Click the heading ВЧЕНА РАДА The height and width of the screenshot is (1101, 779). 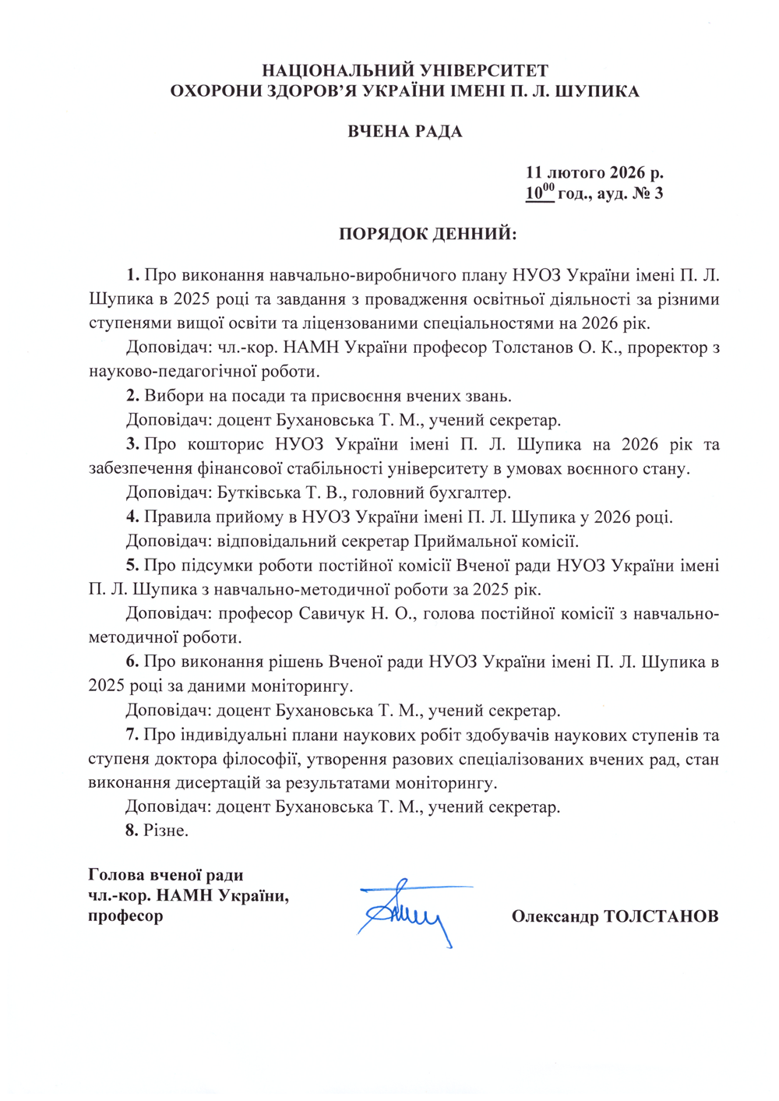coord(404,131)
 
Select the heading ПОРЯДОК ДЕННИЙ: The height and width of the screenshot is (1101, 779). coord(428,234)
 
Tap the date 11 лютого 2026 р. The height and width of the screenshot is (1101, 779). coord(594,172)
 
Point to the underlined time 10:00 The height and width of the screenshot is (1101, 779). coord(539,192)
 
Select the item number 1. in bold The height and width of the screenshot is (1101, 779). coord(132,275)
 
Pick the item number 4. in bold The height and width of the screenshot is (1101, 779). coord(132,517)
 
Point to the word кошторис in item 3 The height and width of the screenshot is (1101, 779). coord(225,445)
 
